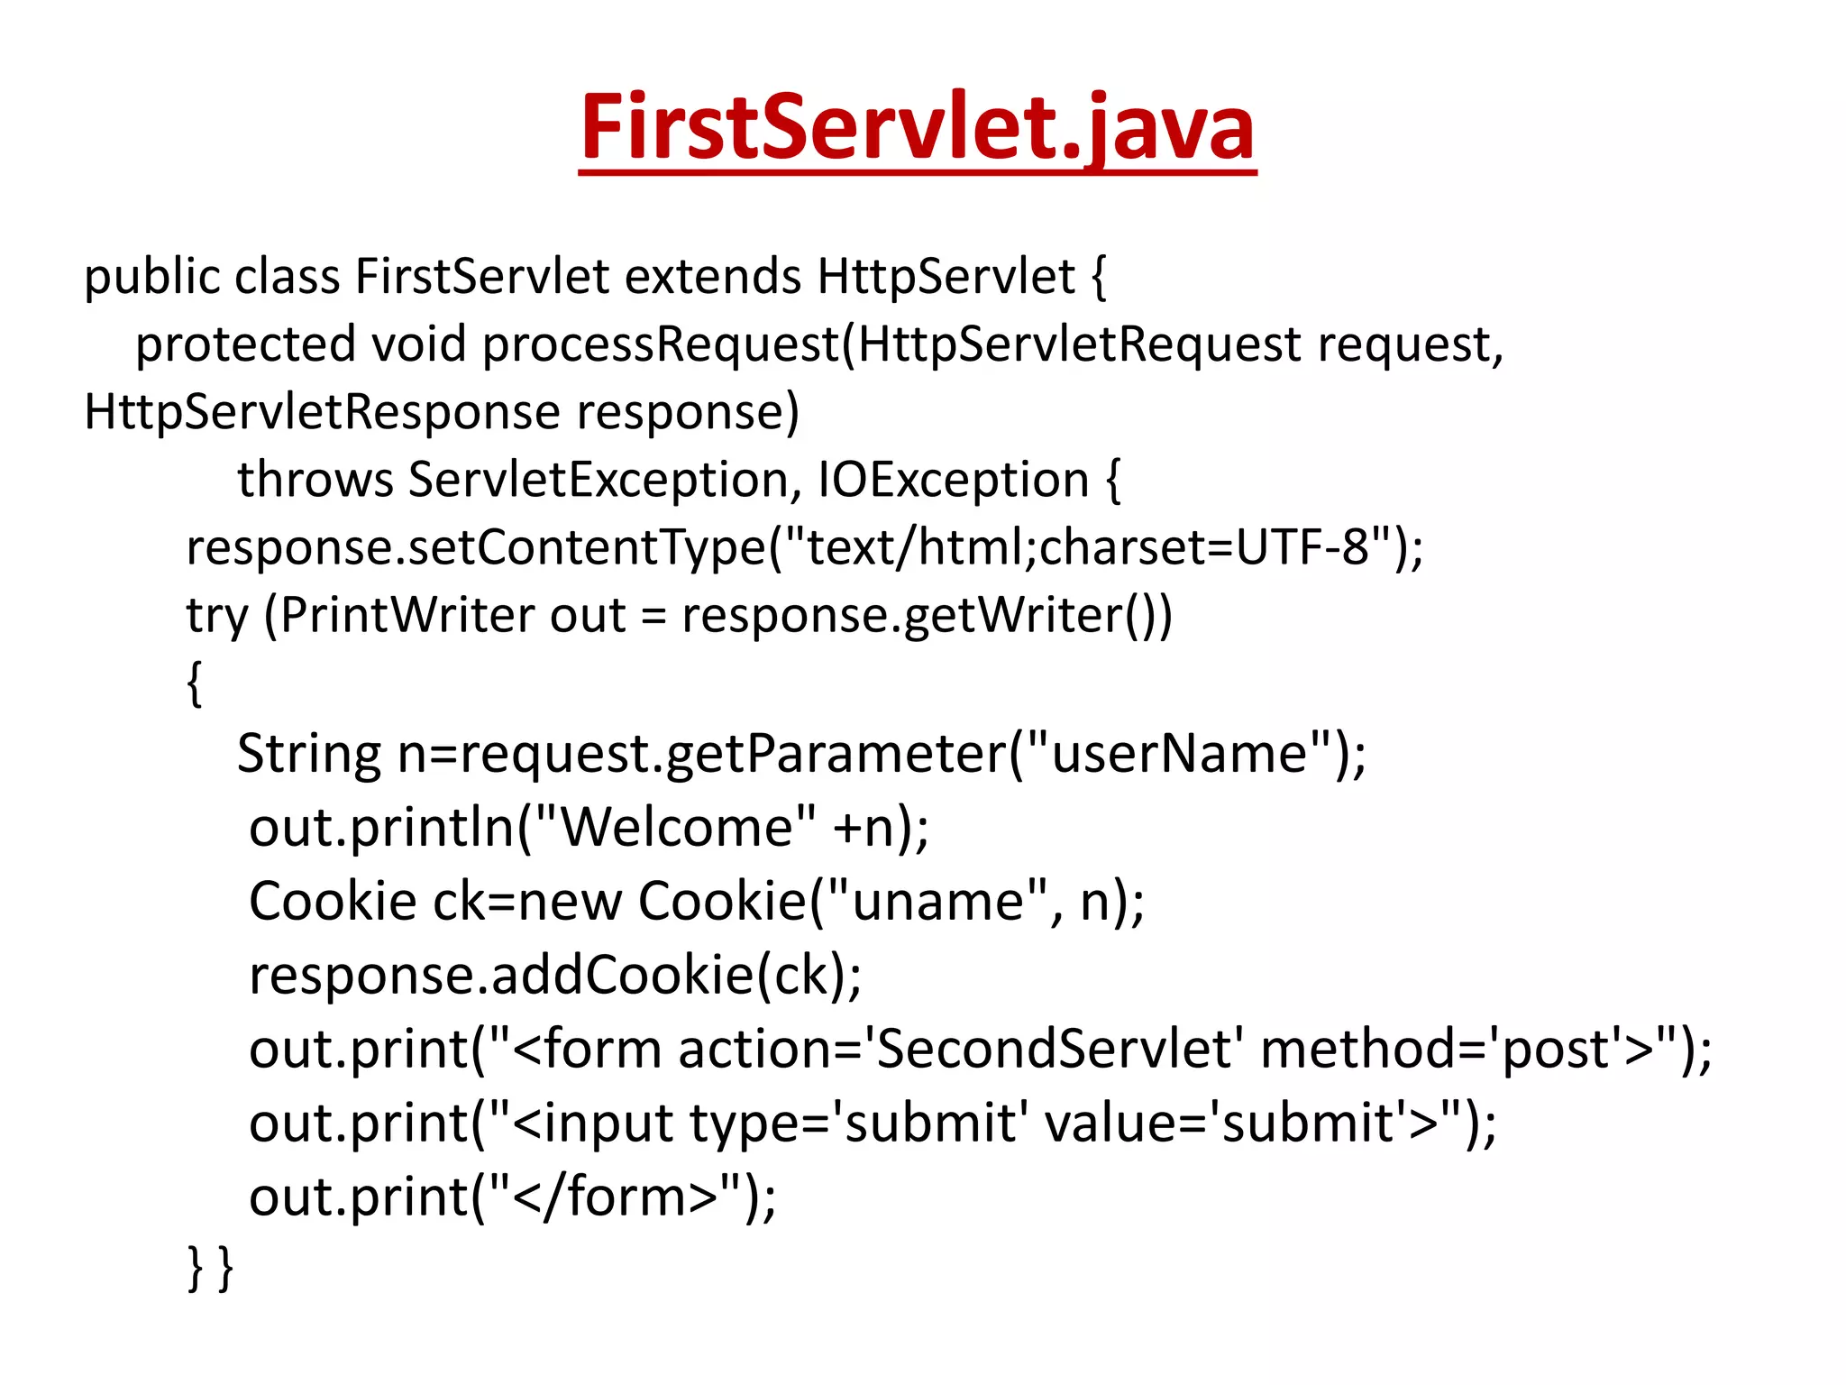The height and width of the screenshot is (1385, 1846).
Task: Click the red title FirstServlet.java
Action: [x=918, y=128]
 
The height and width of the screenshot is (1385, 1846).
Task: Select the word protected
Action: [x=245, y=344]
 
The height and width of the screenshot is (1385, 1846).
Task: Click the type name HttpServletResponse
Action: [x=322, y=412]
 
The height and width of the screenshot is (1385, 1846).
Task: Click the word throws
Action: [x=315, y=480]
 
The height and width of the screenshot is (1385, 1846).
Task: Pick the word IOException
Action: [x=954, y=480]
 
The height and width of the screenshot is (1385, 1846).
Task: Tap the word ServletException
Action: [x=599, y=480]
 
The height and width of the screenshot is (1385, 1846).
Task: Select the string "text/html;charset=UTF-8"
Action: [x=1088, y=547]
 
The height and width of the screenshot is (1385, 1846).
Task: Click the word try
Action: [x=216, y=617]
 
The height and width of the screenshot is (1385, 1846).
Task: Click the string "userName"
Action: [x=1180, y=754]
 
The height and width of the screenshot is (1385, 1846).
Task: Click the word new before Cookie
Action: [x=571, y=902]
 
